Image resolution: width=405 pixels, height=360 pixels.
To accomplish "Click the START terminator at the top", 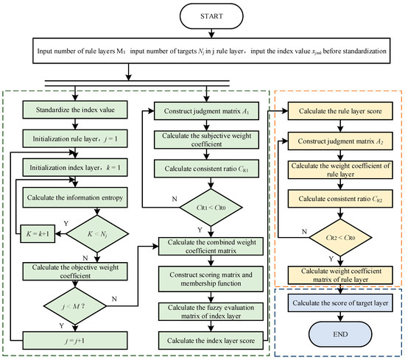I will point(202,16).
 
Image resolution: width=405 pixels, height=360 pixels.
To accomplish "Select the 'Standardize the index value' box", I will point(73,112).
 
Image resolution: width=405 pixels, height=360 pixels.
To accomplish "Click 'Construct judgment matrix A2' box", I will point(335,141).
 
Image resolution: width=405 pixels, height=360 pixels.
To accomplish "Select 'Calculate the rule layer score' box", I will point(335,112).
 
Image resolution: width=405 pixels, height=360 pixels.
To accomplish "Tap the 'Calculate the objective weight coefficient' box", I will point(73,270).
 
